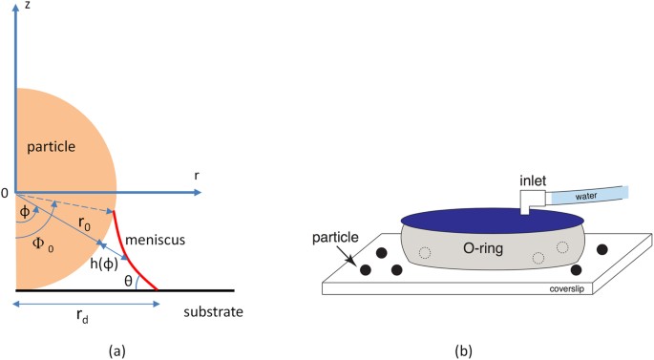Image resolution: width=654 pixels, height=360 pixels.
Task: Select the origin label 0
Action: (x=5, y=192)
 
